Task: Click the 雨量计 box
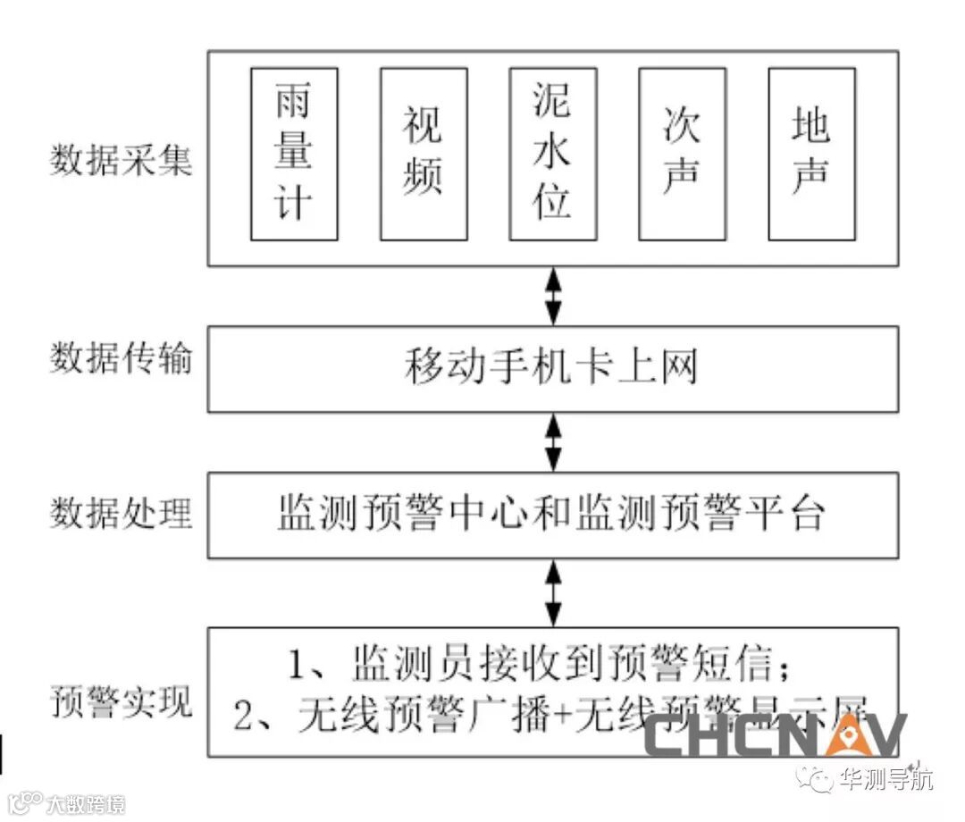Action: tap(294, 154)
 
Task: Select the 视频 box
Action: tap(424, 154)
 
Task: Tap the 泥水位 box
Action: tap(553, 154)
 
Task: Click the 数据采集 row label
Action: tap(121, 161)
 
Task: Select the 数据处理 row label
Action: tap(121, 514)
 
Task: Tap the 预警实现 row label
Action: tap(121, 702)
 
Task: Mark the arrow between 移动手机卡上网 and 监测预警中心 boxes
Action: tap(554, 442)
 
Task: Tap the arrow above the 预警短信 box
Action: tap(554, 593)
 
